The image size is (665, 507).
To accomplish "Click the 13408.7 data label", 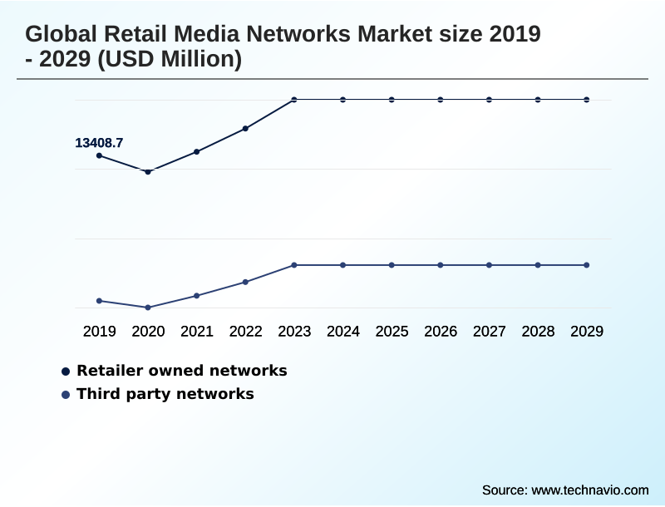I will click(99, 143).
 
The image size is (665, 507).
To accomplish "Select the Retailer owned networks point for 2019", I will click(100, 155).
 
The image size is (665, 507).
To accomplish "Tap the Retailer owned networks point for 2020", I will click(148, 172).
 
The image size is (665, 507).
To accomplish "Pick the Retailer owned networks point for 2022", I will click(245, 129).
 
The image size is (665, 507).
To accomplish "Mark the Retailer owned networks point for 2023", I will click(294, 100).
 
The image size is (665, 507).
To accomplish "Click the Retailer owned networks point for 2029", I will click(587, 100).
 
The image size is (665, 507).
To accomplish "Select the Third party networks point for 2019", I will click(100, 301).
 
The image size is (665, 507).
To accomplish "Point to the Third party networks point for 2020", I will click(148, 308).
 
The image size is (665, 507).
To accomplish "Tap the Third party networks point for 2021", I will click(197, 296).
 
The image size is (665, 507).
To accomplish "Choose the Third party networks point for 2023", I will click(294, 265).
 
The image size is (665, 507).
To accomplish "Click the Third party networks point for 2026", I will click(441, 265).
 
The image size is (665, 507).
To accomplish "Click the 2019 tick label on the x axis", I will click(100, 332).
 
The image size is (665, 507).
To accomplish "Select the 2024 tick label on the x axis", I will click(343, 332).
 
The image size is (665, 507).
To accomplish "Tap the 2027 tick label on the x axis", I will click(490, 332).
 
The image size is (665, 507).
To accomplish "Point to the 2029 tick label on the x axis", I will click(587, 332).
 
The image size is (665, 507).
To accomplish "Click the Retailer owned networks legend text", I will click(181, 371).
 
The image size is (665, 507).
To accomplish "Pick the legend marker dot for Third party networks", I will click(66, 395).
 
